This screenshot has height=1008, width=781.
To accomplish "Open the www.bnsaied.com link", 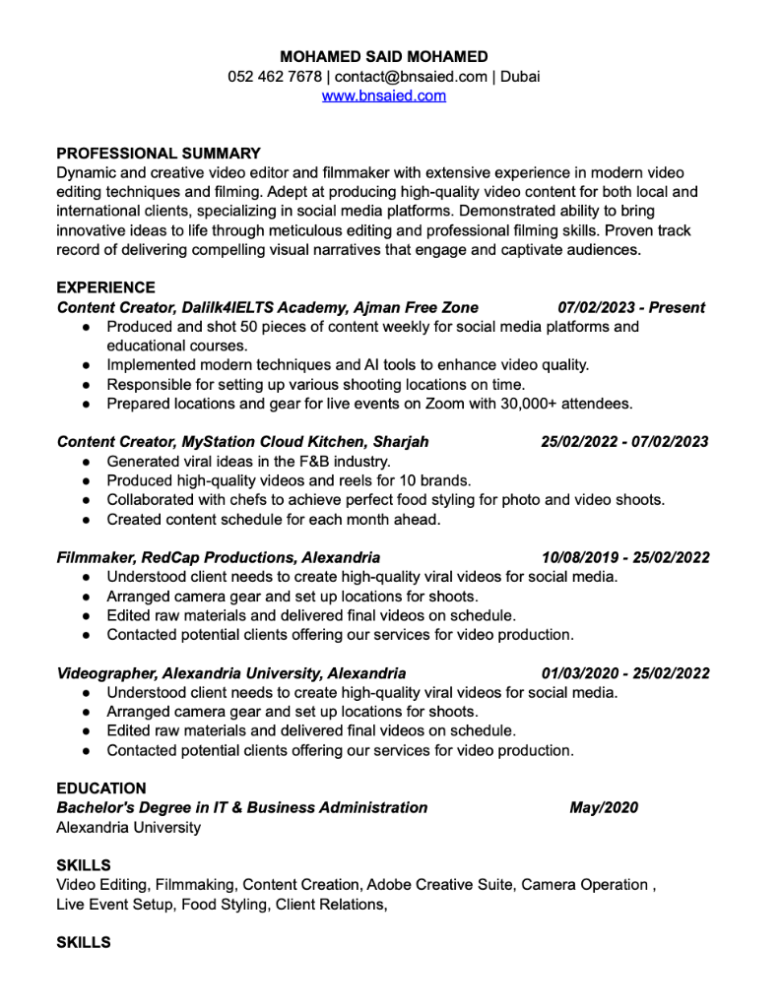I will point(383,95).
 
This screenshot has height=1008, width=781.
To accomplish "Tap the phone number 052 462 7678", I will point(275,76).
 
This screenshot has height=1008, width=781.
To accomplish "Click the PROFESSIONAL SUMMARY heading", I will point(159,154).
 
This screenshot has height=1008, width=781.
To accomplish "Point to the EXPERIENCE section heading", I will point(105,287).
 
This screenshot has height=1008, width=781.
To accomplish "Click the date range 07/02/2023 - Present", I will point(630,307).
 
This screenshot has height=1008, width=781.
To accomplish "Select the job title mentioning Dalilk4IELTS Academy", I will point(268,307).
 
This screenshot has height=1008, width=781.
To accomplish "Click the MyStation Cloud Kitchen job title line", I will point(242,442).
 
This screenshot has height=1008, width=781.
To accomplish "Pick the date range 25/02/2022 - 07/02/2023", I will point(624,442).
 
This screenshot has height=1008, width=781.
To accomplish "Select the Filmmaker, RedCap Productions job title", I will point(218,557).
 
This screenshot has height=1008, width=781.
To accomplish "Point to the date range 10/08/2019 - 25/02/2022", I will point(625,557).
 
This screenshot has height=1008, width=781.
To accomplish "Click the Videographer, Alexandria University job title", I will point(230,673).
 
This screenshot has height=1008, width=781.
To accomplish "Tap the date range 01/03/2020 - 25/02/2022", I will point(625,673).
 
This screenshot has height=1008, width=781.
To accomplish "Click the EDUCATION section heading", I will point(101,788).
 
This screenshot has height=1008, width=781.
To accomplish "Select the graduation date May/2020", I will point(604,808).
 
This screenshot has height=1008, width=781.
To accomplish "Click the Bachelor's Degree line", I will point(242,808).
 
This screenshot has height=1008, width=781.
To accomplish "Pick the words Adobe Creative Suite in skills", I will point(440,885).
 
